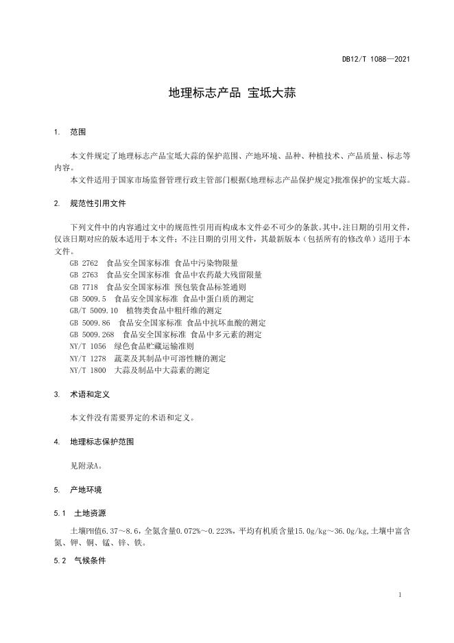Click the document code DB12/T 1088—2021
[x=376, y=60]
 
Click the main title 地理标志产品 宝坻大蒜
[x=232, y=93]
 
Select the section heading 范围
[x=77, y=131]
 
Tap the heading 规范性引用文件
[x=97, y=204]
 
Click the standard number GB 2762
[x=84, y=263]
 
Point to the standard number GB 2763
[x=84, y=275]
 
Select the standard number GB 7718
[x=84, y=286]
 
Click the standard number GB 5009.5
[x=88, y=299]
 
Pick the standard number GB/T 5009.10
[x=94, y=311]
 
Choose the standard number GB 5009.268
[x=92, y=335]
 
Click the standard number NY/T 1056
[x=88, y=346]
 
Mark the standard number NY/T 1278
[x=88, y=359]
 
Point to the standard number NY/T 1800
[x=88, y=370]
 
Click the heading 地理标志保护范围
[x=102, y=442]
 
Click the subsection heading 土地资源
[x=90, y=513]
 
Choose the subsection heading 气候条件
[x=90, y=561]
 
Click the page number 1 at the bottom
[x=400, y=595]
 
